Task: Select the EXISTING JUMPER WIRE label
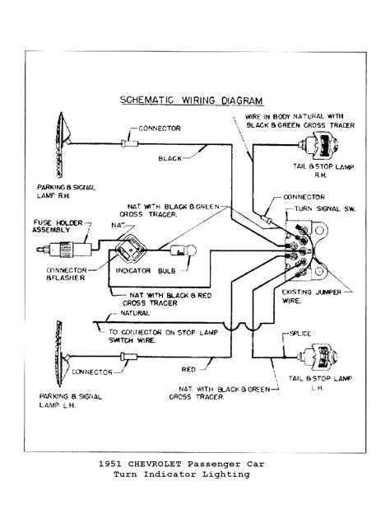pos(318,297)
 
